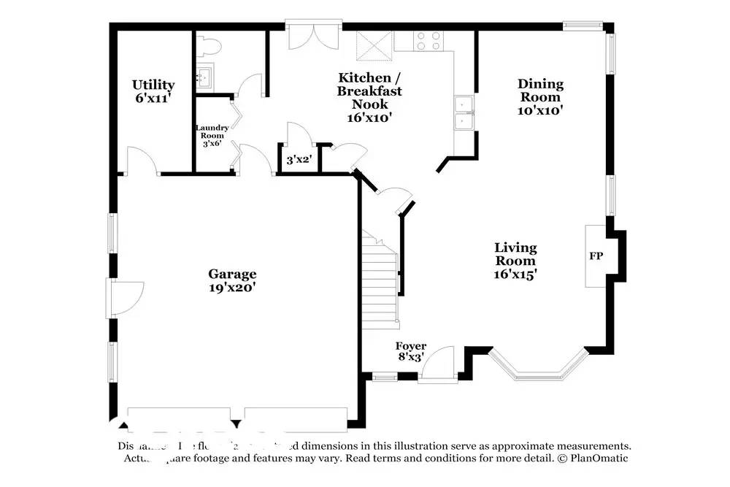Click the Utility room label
pos(153,85)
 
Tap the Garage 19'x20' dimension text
pos(232,288)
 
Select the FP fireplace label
pos(595,256)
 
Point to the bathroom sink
pos(205,76)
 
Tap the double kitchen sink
pos(463,115)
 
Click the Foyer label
pos(411,346)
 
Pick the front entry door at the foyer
pos(438,364)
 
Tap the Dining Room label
pos(540,91)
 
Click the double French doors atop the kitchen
pos(312,36)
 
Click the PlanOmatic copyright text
pos(592,458)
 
